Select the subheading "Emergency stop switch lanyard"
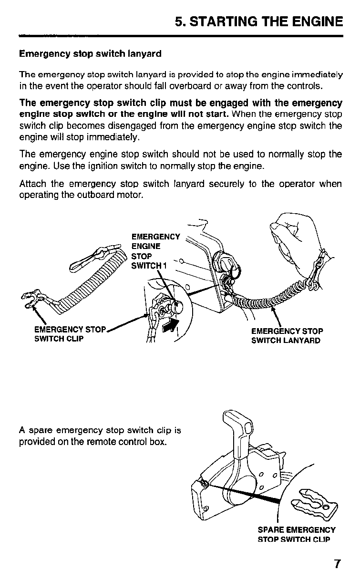coord(90,54)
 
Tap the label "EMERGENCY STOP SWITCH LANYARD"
coord(287,335)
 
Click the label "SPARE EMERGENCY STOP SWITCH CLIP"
coord(296,534)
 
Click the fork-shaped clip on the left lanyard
coord(34,301)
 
